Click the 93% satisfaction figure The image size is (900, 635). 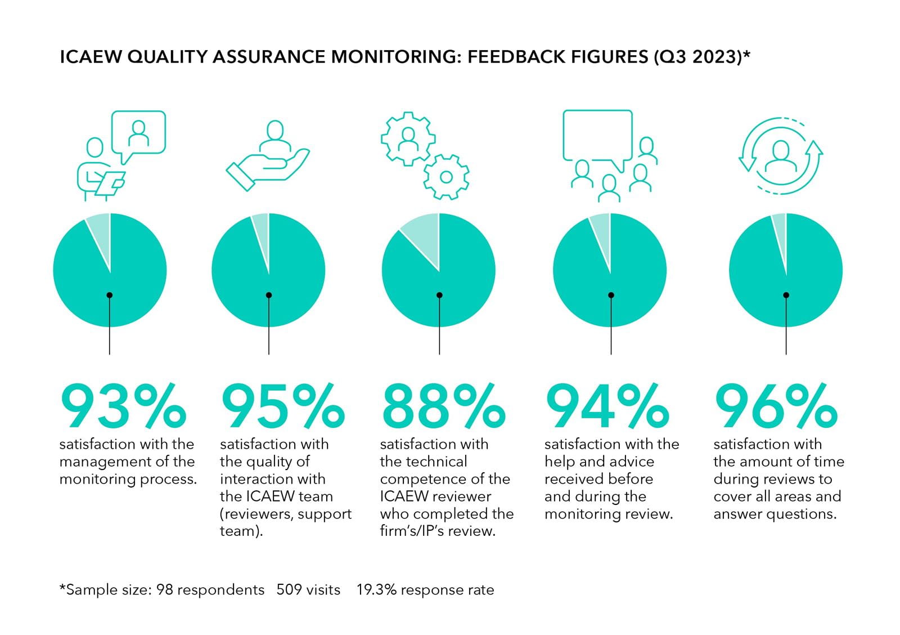[x=123, y=406]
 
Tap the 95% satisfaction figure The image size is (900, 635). [x=282, y=406]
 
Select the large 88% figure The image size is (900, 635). [x=443, y=406]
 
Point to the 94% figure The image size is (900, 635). [x=607, y=406]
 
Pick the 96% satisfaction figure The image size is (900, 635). [x=776, y=406]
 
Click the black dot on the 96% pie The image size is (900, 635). [x=786, y=295]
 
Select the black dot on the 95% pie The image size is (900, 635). [x=269, y=295]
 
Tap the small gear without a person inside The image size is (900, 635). [x=446, y=177]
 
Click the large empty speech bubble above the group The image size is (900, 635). [x=597, y=135]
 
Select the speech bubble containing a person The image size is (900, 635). [x=138, y=133]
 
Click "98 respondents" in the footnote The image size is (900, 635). [x=210, y=590]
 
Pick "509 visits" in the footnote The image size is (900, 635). [x=308, y=590]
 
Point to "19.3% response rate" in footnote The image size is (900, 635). [x=425, y=590]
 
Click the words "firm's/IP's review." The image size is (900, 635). [x=438, y=531]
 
